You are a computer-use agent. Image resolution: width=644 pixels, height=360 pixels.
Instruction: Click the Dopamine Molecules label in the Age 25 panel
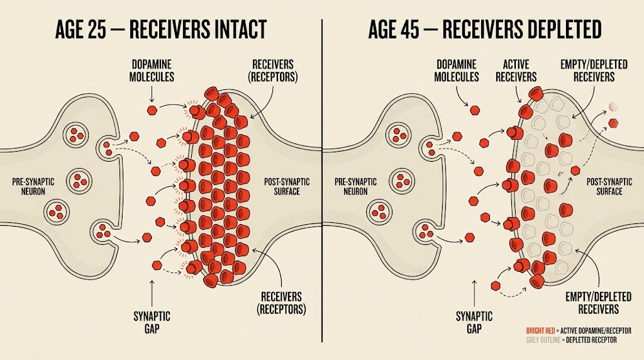[152, 70]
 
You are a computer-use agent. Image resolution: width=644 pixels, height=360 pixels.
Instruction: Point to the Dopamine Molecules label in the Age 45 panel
[457, 70]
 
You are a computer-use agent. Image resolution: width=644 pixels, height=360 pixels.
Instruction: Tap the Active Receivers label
[516, 70]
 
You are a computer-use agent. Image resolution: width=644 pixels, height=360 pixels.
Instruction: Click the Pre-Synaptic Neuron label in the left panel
[33, 186]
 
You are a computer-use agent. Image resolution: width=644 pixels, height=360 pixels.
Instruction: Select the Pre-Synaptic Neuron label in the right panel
[355, 186]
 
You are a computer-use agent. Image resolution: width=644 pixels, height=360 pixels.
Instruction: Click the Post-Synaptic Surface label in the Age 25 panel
[287, 186]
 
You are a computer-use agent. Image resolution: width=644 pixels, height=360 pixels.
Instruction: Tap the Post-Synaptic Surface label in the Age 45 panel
[609, 186]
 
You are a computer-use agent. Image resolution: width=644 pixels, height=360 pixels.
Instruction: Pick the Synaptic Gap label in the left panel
[152, 323]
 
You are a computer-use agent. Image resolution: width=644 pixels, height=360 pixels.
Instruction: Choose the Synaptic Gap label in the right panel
[474, 323]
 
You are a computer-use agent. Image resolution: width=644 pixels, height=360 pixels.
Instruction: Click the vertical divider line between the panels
[322, 181]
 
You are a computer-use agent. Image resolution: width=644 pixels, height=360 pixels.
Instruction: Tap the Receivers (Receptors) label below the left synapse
[281, 303]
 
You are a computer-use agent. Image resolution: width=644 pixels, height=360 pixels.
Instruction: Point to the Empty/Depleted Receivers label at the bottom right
[599, 303]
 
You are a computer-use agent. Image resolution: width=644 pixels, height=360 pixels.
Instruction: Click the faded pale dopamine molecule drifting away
[613, 106]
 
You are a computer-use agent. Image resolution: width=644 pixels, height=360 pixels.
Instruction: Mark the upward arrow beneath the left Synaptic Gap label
[152, 293]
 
